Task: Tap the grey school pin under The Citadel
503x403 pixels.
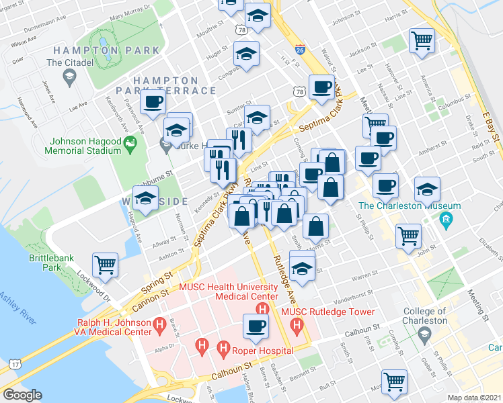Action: pyautogui.click(x=69, y=78)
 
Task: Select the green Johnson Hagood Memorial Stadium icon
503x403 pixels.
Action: pyautogui.click(x=131, y=143)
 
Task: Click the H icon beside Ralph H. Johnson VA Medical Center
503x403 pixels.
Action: pyautogui.click(x=159, y=327)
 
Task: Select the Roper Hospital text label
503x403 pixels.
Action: pyautogui.click(x=264, y=350)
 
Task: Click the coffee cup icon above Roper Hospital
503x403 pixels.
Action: pyautogui.click(x=254, y=326)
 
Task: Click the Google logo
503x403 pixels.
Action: pyautogui.click(x=22, y=395)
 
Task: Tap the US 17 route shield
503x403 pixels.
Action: pyautogui.click(x=14, y=365)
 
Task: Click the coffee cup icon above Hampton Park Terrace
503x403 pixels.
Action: pyautogui.click(x=153, y=102)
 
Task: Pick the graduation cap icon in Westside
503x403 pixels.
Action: pyautogui.click(x=145, y=197)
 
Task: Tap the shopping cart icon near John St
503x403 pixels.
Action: pyautogui.click(x=409, y=236)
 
